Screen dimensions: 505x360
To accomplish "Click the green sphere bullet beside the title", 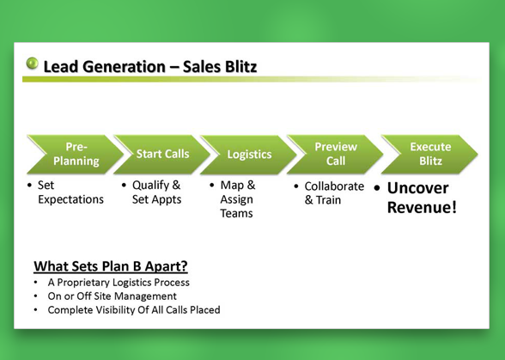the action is (x=33, y=64).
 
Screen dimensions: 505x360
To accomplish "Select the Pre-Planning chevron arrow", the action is (x=75, y=155).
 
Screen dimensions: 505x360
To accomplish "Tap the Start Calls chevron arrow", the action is (x=161, y=155).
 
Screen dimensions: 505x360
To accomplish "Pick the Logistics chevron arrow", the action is (x=248, y=155).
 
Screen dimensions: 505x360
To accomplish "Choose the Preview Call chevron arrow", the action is (x=335, y=155).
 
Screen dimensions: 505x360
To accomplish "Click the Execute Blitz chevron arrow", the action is (x=429, y=155).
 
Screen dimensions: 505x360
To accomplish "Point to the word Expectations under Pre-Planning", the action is (x=70, y=200).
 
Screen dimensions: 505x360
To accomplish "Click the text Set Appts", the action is (x=157, y=199).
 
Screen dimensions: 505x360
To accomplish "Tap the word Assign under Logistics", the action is (x=237, y=200).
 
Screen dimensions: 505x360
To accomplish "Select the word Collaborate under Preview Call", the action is (x=334, y=186).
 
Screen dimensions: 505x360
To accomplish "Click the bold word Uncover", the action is (x=417, y=188).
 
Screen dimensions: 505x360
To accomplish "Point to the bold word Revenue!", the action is (x=422, y=207).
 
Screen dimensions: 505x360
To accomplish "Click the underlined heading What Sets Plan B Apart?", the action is (x=111, y=266).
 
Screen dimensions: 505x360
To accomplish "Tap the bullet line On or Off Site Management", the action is (x=112, y=296).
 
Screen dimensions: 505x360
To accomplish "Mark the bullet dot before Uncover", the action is (x=377, y=188).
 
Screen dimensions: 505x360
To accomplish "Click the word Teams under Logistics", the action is (x=237, y=213).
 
